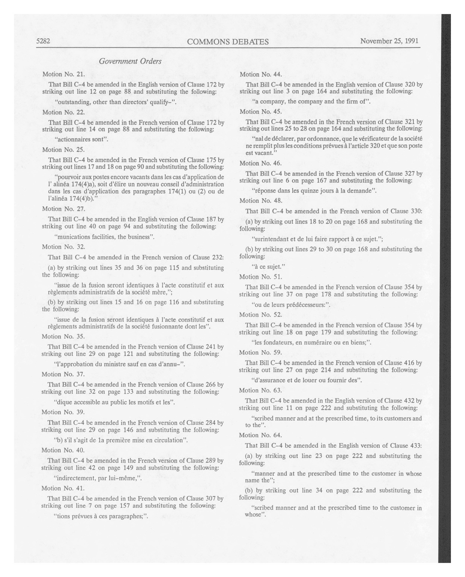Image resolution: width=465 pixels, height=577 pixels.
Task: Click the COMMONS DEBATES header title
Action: coord(228,42)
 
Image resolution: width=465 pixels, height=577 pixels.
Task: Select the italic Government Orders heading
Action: coord(130,61)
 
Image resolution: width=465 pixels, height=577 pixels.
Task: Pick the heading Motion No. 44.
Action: coord(261,74)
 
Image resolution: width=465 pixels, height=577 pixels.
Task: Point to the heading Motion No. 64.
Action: coord(260,435)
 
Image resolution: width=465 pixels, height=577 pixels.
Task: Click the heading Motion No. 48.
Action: coord(261,201)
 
